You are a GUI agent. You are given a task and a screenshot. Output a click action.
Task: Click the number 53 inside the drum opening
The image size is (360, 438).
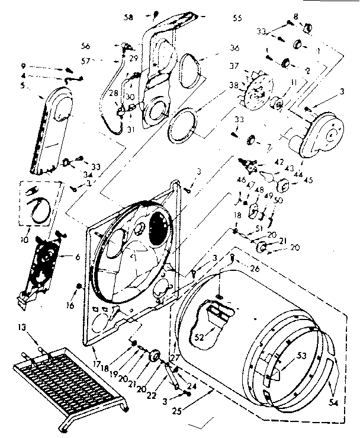coord(285,356)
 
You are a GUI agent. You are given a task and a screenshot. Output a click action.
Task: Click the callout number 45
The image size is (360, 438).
coord(308,180)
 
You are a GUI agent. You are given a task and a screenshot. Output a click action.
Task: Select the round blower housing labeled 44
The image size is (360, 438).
coord(322,134)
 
